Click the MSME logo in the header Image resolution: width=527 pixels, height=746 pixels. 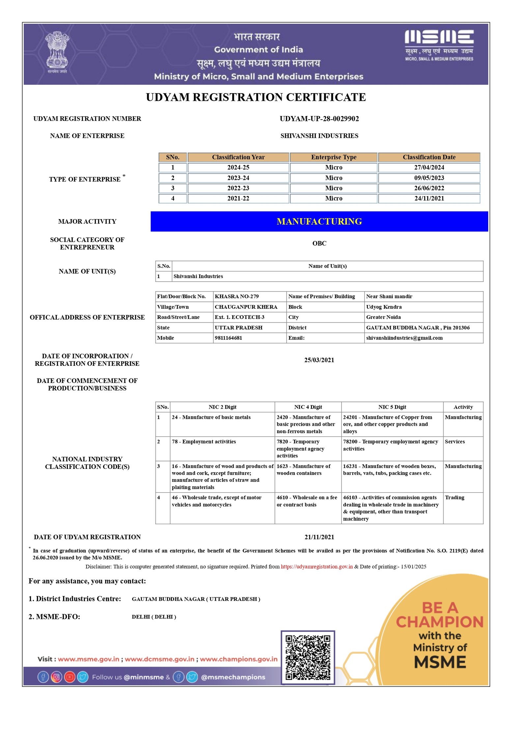[439, 45]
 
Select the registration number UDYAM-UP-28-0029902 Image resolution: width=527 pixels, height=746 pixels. [319, 119]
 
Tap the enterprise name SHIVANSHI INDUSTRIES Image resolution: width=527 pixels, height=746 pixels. [319, 136]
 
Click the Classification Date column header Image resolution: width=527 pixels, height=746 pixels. [429, 157]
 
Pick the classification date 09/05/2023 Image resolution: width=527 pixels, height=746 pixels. [429, 178]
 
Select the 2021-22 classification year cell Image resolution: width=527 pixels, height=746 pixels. [238, 198]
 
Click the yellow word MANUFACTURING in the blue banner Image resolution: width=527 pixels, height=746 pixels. [319, 221]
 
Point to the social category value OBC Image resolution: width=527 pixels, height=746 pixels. [319, 244]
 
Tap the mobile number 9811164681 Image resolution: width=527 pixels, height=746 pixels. [228, 338]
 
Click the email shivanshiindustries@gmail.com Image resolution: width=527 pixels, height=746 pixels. [404, 338]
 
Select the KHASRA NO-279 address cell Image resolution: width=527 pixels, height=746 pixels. [236, 296]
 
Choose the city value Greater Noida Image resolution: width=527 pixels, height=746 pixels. [383, 317]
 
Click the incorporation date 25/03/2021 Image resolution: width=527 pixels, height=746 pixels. [319, 360]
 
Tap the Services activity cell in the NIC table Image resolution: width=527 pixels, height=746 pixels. [455, 442]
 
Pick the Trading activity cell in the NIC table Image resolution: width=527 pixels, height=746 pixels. [454, 497]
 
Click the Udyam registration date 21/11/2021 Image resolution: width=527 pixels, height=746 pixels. [319, 537]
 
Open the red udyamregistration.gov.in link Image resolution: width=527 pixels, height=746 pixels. [317, 566]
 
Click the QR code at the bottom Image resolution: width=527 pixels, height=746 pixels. [308, 657]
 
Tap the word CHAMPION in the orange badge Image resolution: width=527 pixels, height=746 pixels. [439, 622]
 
